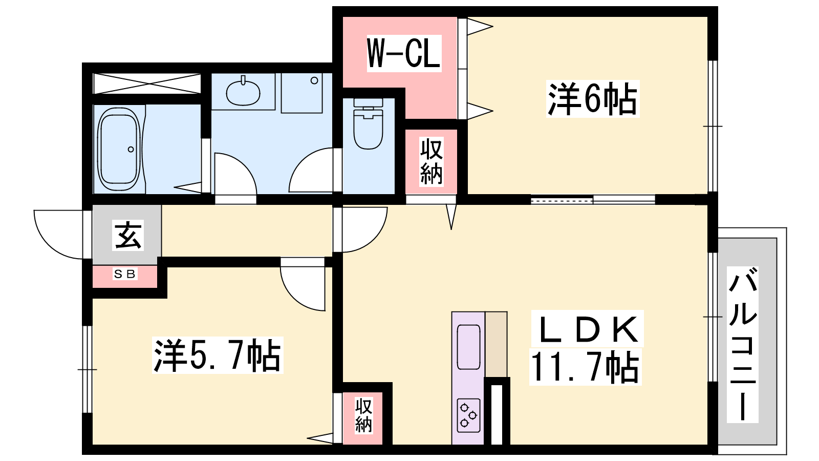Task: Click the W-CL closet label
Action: coord(404,53)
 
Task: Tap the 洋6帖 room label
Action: coord(592,99)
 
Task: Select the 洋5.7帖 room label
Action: coord(218,355)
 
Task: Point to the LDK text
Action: coord(587,329)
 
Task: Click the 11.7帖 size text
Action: coord(585,367)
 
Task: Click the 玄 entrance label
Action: coord(127,236)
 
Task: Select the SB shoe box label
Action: coord(125,274)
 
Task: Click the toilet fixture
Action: coord(368,123)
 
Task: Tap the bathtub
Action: coord(119,149)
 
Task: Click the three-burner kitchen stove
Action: coord(468,415)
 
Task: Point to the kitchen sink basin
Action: coord(468,347)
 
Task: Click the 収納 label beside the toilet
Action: coord(431,162)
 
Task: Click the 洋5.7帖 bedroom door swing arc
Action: coord(296,297)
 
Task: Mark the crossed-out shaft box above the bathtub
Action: coord(147,83)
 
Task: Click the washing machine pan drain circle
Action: coord(314,80)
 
